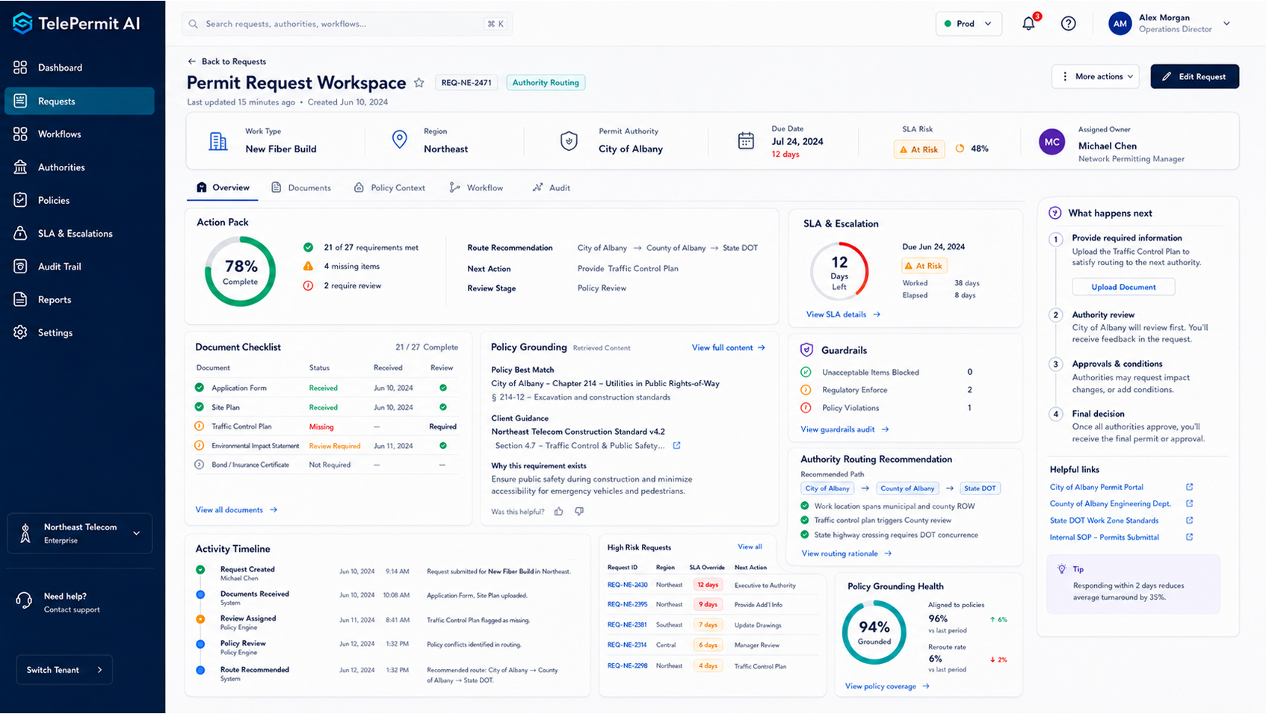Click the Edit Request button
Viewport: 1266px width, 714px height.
point(1194,76)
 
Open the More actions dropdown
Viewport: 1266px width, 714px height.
point(1095,76)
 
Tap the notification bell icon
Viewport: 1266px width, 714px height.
point(1028,24)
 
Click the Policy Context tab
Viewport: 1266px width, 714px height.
point(389,187)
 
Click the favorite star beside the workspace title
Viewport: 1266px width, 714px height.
point(419,83)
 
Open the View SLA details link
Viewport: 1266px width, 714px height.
point(843,314)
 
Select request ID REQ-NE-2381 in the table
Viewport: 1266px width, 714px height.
point(627,624)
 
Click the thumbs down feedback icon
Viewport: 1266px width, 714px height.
point(579,511)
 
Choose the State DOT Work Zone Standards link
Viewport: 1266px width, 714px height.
point(1104,521)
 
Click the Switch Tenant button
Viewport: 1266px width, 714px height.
point(64,669)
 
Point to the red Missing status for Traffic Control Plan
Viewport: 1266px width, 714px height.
point(321,426)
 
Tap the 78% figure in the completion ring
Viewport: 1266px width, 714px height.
point(241,265)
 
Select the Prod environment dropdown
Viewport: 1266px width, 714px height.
point(969,24)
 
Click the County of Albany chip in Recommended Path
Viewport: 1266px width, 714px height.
point(907,488)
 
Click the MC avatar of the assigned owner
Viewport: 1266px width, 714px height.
point(1052,143)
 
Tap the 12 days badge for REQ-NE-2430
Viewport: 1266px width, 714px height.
point(708,585)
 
